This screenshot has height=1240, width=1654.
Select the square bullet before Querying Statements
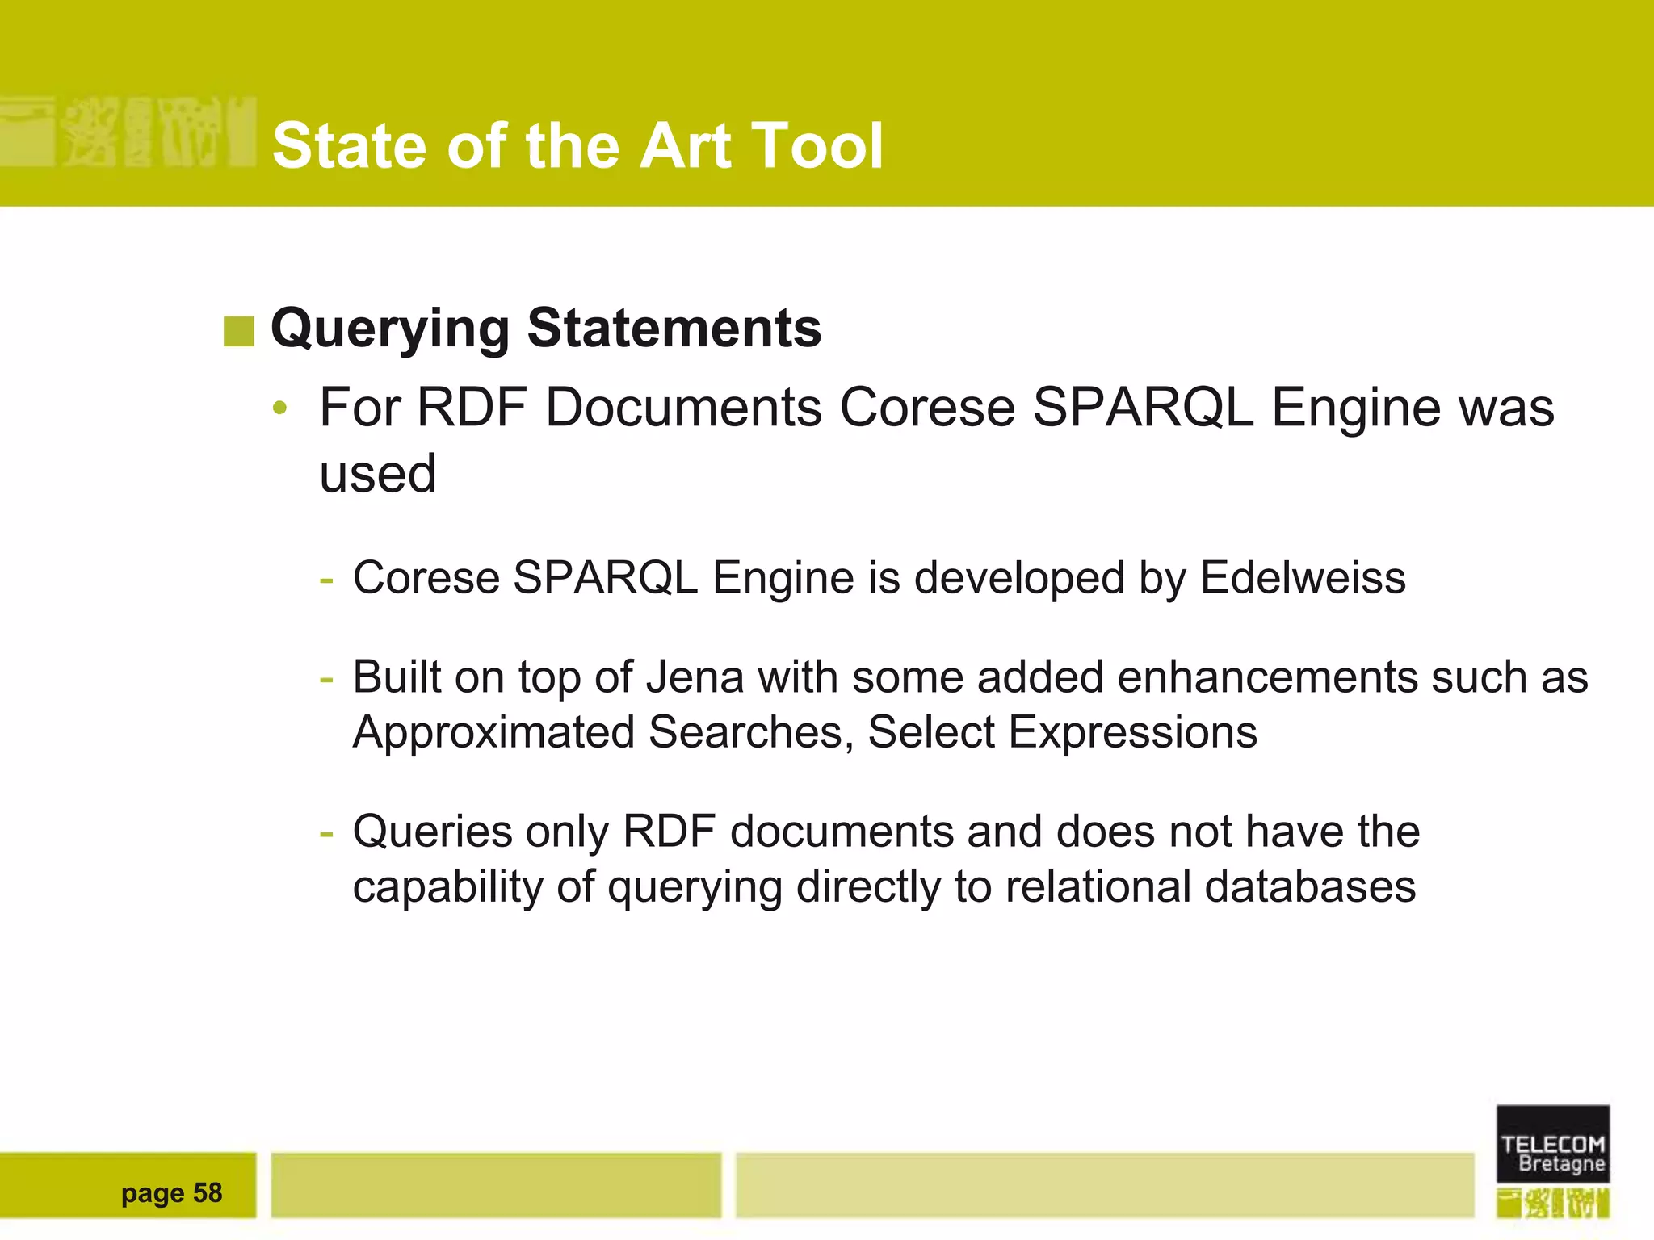238,331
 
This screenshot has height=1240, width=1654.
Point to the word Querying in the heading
390,330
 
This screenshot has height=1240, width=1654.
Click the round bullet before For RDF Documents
279,408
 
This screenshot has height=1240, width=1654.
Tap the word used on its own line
377,474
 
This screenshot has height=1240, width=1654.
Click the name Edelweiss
1303,578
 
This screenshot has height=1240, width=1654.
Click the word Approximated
493,732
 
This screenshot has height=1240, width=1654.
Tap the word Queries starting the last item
432,832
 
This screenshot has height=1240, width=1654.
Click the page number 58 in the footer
208,1193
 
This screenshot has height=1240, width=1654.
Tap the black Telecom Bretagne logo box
1552,1144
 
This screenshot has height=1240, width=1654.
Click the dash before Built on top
326,678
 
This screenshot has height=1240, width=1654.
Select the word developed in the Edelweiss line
1019,578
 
